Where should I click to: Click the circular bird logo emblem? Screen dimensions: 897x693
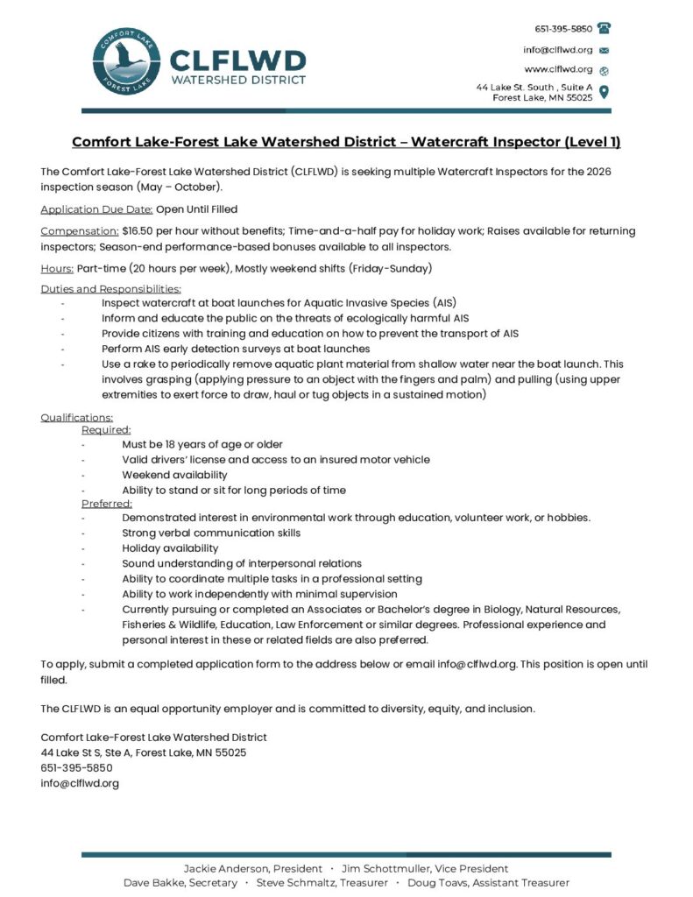point(126,64)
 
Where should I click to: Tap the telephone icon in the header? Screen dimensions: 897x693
point(604,28)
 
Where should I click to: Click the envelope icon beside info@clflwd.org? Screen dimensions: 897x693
point(604,50)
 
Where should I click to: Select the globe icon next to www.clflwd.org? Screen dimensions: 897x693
point(604,70)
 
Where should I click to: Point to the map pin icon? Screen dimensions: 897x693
point(604,92)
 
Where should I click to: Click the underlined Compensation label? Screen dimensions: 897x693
point(80,231)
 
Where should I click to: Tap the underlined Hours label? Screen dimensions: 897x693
point(57,268)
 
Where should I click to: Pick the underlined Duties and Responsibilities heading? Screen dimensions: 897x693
point(111,289)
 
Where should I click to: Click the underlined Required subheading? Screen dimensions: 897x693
point(106,430)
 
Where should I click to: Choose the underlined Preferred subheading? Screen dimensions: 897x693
point(107,504)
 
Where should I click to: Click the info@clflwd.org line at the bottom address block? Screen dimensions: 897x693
point(80,783)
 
